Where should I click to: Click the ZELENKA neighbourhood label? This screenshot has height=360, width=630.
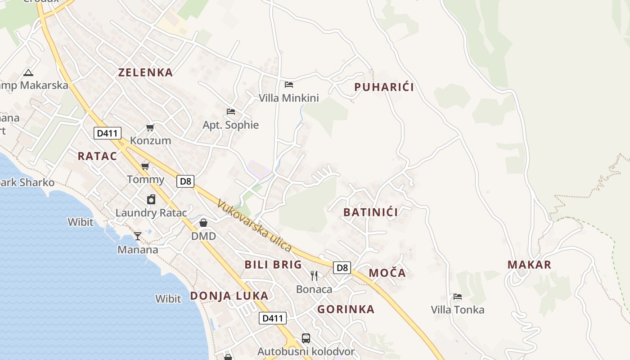click(x=145, y=72)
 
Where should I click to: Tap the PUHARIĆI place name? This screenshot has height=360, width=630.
click(x=384, y=87)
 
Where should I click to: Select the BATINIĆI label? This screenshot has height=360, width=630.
click(x=370, y=212)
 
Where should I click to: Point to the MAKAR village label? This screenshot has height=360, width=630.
click(x=529, y=265)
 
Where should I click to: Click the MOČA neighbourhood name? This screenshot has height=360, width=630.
click(x=387, y=273)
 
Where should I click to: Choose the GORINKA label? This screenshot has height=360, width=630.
click(x=346, y=309)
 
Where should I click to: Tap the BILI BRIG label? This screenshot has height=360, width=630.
click(x=273, y=265)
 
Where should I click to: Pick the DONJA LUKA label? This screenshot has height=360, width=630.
click(x=229, y=296)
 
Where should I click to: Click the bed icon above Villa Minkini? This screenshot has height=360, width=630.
click(x=289, y=84)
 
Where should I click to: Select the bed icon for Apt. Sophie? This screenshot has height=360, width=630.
click(x=231, y=111)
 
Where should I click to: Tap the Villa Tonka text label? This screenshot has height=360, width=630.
click(x=458, y=310)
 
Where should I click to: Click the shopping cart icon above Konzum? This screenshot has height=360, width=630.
click(x=150, y=127)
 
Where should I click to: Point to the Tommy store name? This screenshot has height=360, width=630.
click(x=145, y=180)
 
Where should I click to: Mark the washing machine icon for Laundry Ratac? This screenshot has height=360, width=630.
click(x=151, y=199)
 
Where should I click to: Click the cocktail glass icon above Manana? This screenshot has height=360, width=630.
click(x=138, y=236)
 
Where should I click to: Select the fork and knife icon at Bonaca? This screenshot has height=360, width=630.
click(x=314, y=275)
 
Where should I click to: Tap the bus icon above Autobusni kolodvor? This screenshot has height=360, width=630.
click(x=306, y=338)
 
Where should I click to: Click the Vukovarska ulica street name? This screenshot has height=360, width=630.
click(x=254, y=226)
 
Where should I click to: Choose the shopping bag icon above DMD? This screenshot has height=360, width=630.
click(x=203, y=223)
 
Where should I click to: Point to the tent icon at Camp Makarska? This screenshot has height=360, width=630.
click(x=28, y=72)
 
